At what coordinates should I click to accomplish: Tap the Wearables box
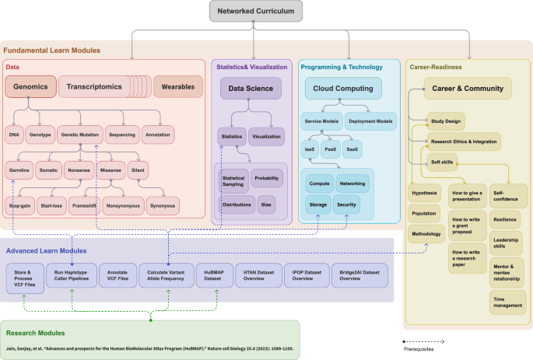coord(178,87)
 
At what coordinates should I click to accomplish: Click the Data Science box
coord(250,89)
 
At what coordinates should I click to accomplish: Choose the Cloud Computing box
coord(343,89)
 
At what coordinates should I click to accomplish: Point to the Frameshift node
coord(82,207)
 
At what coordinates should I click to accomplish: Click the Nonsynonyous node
coord(121,207)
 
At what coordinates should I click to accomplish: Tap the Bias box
coord(266,204)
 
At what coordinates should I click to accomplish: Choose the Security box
coord(347,204)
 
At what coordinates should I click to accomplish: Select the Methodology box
coord(426,233)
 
